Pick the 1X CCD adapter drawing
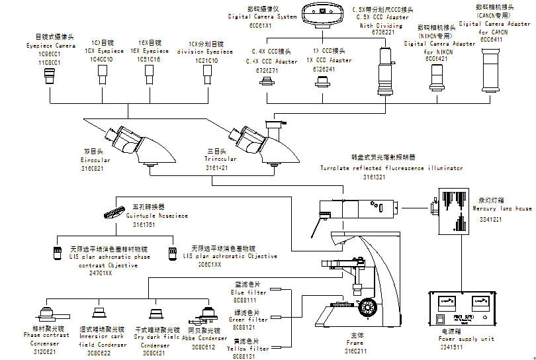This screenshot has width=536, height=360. click(x=322, y=81)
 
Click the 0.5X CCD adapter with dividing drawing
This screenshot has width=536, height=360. click(x=384, y=66)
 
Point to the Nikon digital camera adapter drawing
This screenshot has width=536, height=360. click(x=436, y=75)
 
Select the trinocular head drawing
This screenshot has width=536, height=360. click(x=255, y=140)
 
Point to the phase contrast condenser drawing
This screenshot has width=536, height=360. click(x=47, y=312)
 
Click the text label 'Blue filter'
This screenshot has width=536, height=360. click(x=248, y=292)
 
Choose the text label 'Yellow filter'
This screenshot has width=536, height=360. click(x=248, y=348)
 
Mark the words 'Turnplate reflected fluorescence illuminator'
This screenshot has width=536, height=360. click(x=392, y=168)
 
